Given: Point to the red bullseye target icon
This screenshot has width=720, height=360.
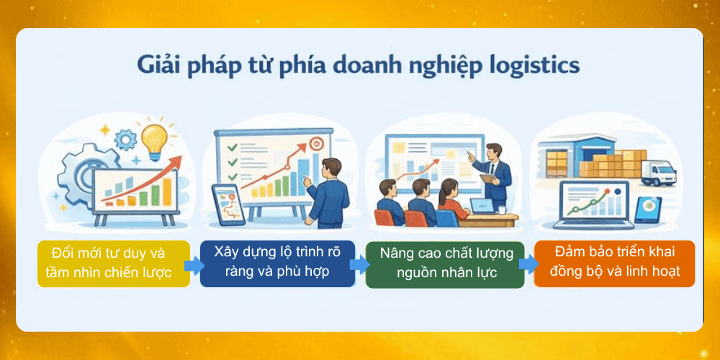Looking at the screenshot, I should tap(314, 143).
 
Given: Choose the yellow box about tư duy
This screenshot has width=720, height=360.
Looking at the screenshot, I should tap(113, 264).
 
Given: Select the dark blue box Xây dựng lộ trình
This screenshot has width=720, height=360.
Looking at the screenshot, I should tap(277, 263).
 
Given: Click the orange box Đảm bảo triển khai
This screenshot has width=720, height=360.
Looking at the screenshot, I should tap(614, 263).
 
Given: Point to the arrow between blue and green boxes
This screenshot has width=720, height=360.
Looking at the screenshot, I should tap(359, 264).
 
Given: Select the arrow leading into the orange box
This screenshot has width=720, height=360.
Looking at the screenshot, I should tap(528, 264).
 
